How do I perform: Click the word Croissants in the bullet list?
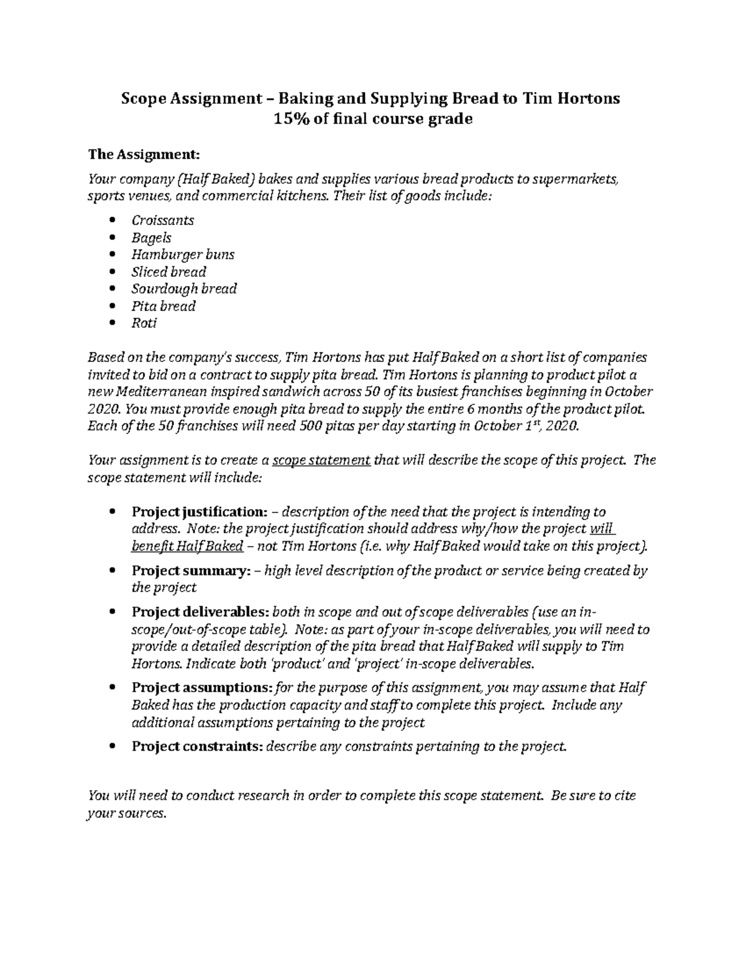point(163,220)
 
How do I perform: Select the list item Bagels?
point(151,238)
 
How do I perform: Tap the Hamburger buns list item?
point(183,254)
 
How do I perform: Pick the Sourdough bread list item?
point(184,289)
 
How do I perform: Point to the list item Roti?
point(144,323)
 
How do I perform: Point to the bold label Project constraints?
point(197,746)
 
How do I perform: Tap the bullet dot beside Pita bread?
point(112,306)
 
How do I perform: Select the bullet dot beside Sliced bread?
point(112,272)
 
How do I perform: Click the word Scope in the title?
point(142,98)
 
